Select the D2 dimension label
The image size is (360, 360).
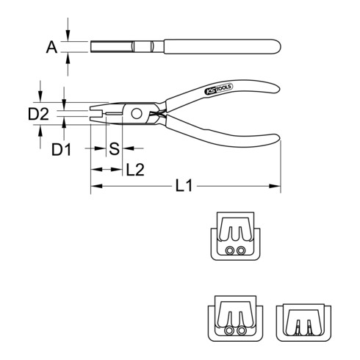(38, 114)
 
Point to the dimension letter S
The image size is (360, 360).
(114, 150)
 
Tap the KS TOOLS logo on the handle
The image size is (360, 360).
(214, 92)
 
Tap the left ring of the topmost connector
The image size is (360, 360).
(230, 251)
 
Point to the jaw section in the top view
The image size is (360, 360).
(110, 48)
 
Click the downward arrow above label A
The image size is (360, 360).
(68, 35)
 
